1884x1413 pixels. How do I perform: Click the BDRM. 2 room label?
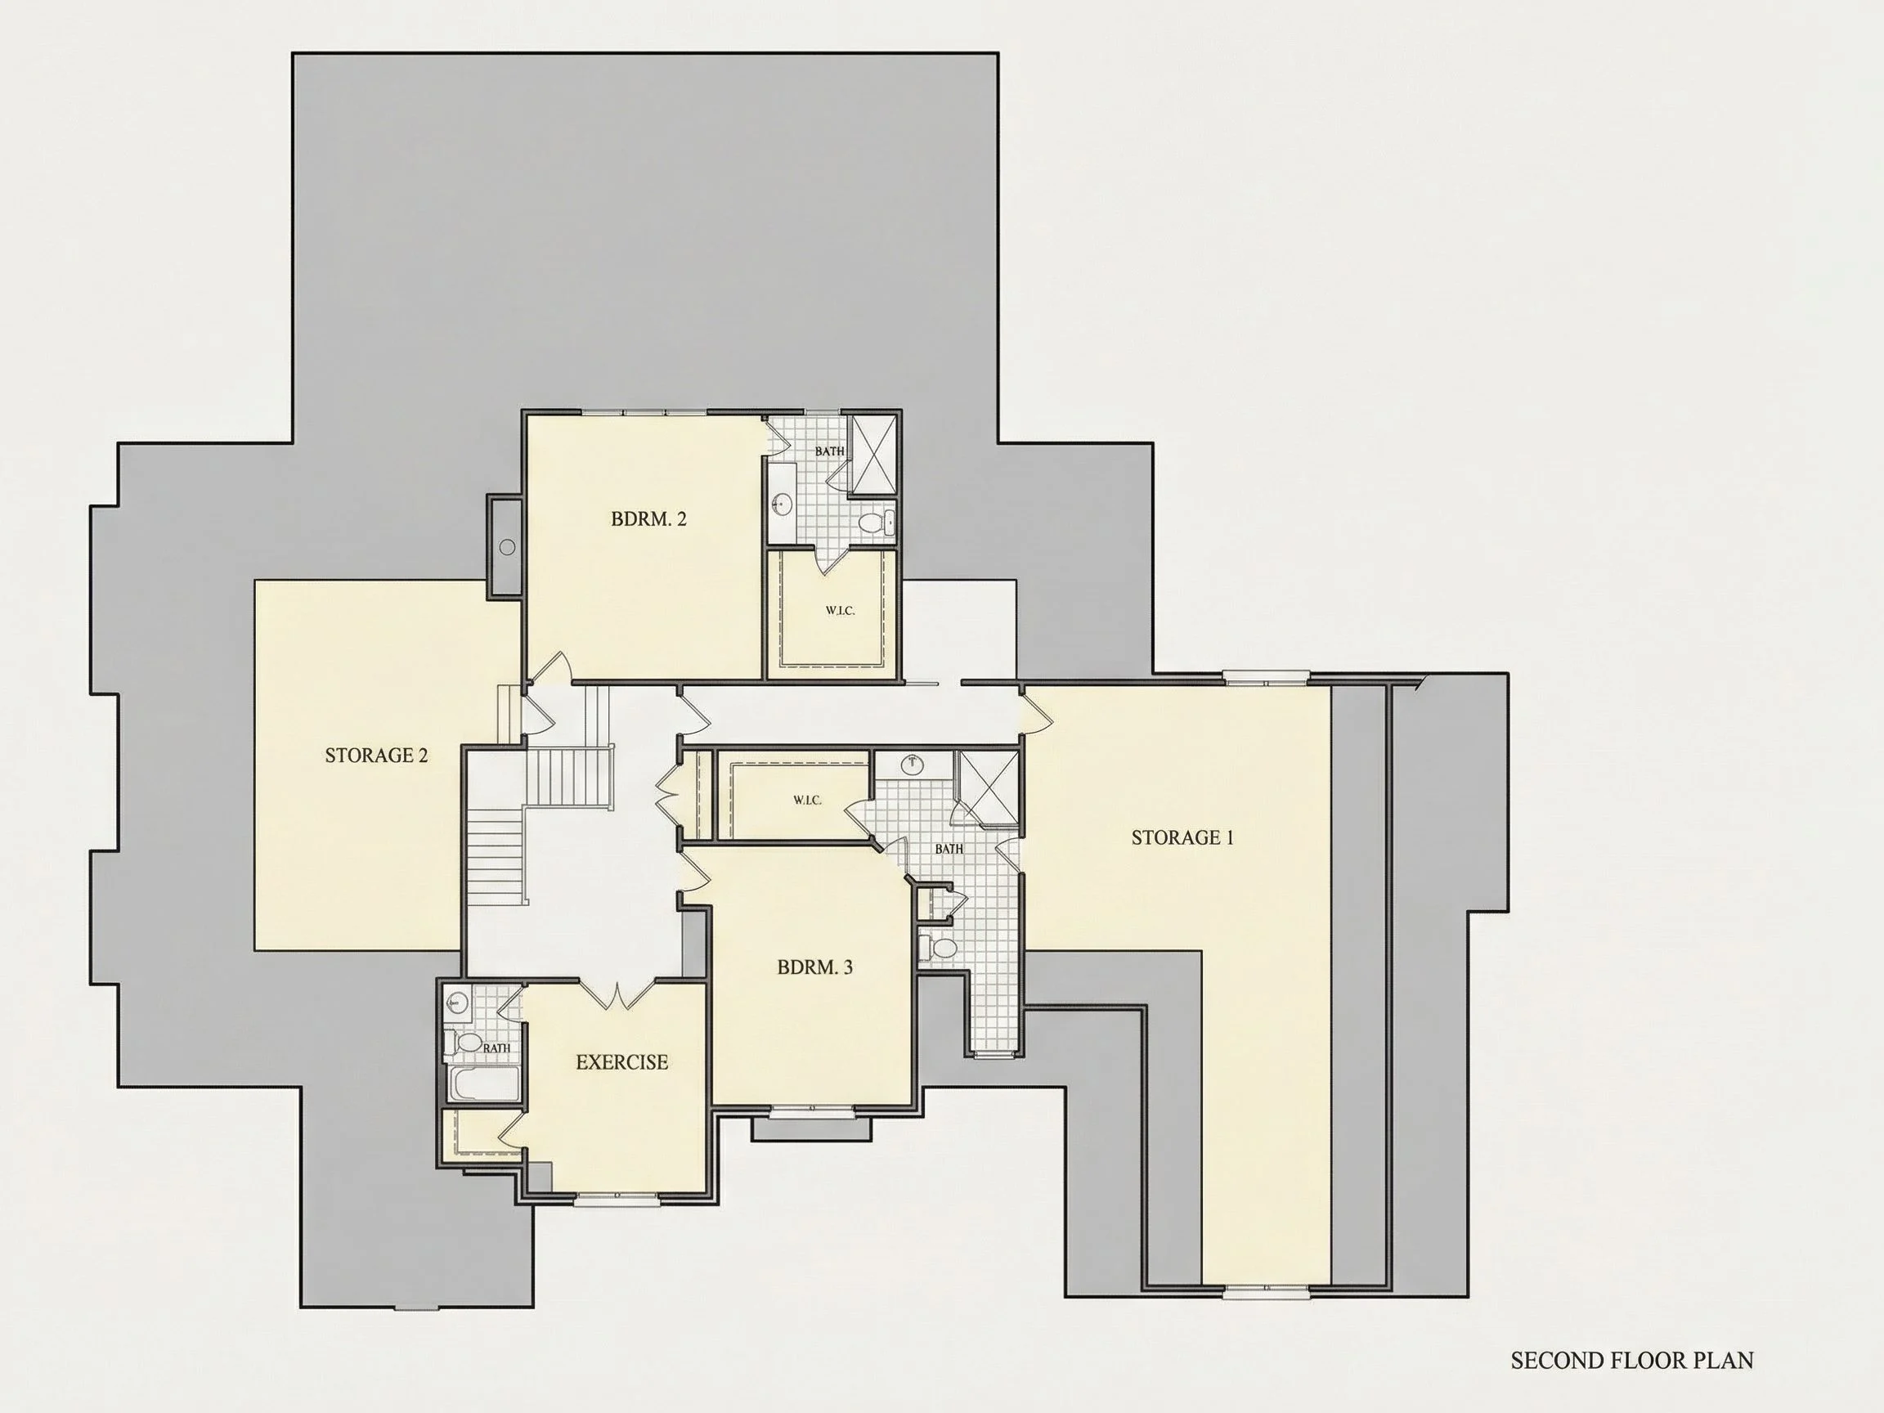[648, 518]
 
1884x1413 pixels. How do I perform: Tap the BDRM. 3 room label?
[814, 967]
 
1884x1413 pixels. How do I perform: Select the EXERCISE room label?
[621, 1062]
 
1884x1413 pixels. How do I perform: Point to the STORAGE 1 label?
[1182, 837]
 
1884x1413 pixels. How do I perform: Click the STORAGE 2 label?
[376, 755]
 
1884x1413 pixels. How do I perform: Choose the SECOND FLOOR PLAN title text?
[1632, 1360]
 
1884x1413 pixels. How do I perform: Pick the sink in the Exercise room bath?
[456, 1001]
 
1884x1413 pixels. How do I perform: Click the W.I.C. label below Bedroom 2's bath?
[840, 611]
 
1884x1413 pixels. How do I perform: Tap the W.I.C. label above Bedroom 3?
[806, 800]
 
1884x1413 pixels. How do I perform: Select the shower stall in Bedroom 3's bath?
[989, 787]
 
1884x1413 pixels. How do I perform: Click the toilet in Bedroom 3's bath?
[935, 947]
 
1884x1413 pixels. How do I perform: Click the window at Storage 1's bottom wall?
[1267, 1317]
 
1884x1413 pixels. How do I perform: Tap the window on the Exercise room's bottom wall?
[617, 1200]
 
